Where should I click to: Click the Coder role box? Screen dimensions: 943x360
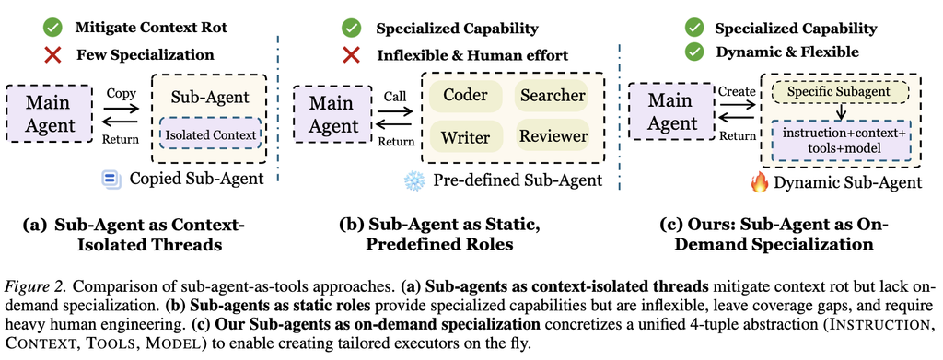(465, 96)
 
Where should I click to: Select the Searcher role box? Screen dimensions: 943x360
(551, 96)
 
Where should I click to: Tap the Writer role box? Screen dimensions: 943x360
(465, 136)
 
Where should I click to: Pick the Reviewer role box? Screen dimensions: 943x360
(551, 136)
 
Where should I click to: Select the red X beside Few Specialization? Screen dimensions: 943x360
(52, 55)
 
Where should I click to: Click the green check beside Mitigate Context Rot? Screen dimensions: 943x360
(52, 28)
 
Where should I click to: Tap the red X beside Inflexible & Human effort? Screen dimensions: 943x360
(351, 55)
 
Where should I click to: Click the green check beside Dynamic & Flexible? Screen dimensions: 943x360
(694, 52)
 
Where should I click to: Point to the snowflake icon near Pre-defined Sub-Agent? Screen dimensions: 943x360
(413, 180)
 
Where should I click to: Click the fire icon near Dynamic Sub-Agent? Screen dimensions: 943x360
(760, 182)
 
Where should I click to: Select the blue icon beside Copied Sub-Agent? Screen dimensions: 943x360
(111, 180)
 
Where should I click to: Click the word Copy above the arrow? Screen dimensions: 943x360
(121, 94)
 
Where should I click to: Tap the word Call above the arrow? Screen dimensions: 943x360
(394, 96)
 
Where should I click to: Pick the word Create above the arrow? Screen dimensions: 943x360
(736, 91)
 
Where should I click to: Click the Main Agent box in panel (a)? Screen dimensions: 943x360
(50, 113)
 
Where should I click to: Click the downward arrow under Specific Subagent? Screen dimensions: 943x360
(842, 112)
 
